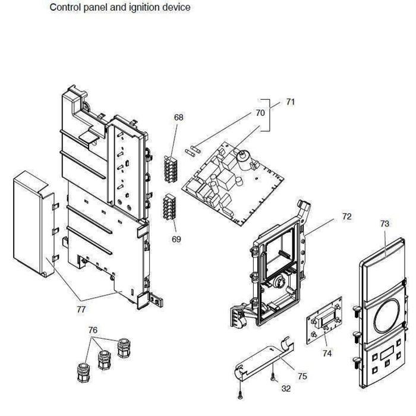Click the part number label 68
pyautogui.click(x=178, y=118)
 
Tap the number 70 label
pyautogui.click(x=260, y=112)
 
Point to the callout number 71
pyautogui.click(x=290, y=102)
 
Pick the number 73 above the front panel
pyautogui.click(x=385, y=223)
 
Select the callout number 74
pyautogui.click(x=327, y=352)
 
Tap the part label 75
pyautogui.click(x=302, y=376)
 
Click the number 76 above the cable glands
pyautogui.click(x=92, y=330)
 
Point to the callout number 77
pyautogui.click(x=81, y=309)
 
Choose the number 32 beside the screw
pyautogui.click(x=286, y=389)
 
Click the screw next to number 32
pyautogui.click(x=272, y=376)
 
